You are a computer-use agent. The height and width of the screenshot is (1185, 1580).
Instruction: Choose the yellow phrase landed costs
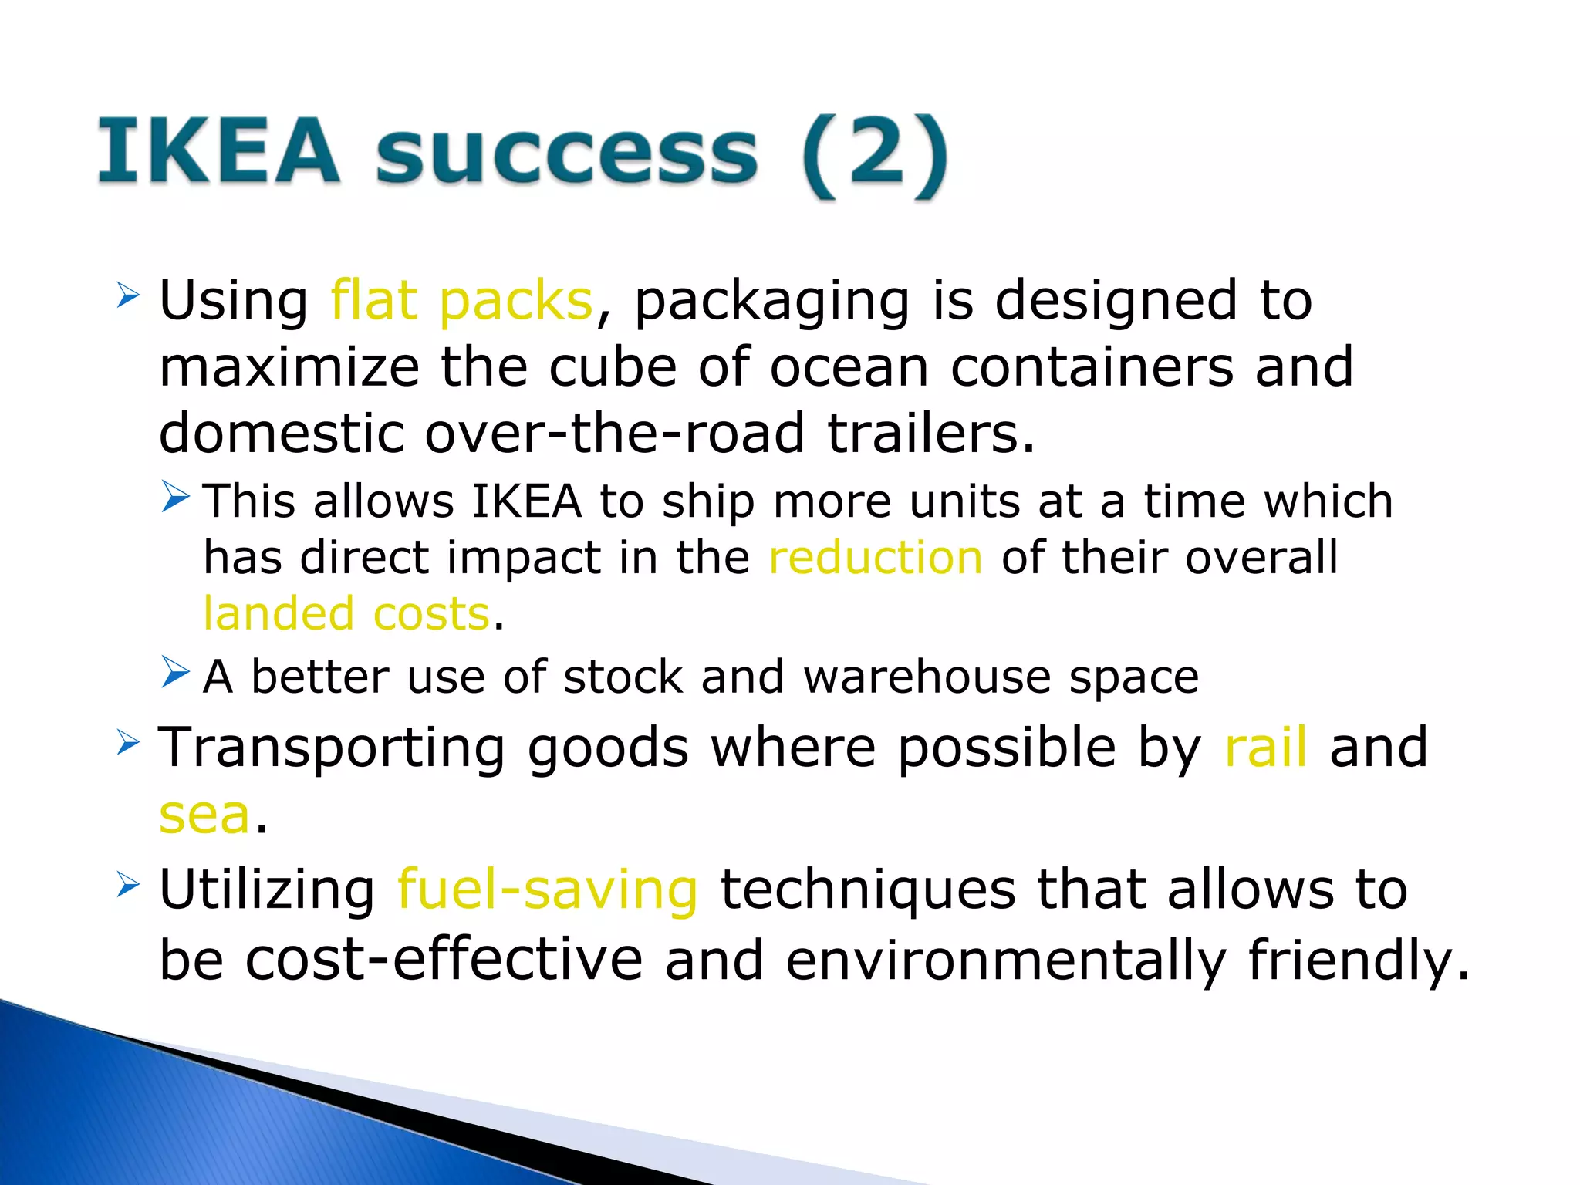tap(346, 614)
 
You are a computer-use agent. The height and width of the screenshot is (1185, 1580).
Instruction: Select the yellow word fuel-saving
tap(547, 890)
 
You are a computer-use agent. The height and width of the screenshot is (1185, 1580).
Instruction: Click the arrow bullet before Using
tap(128, 295)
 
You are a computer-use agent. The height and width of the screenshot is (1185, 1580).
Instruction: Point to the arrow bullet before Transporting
tap(128, 742)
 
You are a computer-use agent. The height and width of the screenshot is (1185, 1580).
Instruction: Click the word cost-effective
tap(444, 960)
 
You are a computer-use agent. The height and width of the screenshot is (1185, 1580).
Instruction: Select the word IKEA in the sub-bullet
tap(526, 501)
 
